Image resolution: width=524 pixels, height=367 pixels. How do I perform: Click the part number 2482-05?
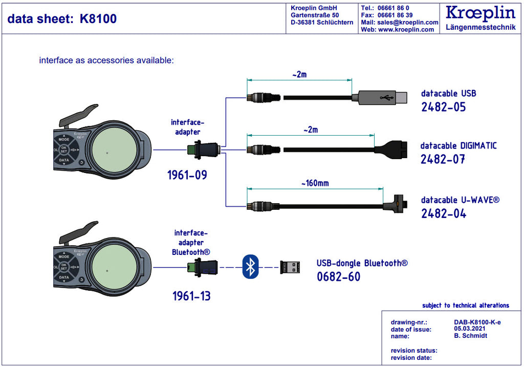pos(443,107)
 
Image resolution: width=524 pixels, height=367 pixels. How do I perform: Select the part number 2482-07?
pos(443,159)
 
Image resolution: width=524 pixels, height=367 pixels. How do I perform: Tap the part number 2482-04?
pos(444,213)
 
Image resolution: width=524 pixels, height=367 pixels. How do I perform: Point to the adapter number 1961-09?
pos(187,175)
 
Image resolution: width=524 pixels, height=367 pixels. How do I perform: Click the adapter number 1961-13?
pos(191,296)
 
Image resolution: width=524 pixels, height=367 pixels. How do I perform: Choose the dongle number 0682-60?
pos(339,277)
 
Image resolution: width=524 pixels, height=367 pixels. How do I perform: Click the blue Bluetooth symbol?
pos(250,267)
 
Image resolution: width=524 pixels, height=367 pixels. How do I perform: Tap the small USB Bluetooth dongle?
pos(290,267)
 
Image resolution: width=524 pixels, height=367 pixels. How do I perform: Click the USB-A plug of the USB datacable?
pos(383,97)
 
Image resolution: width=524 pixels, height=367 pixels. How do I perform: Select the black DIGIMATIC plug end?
pos(391,149)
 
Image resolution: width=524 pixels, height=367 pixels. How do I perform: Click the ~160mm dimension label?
pos(315,183)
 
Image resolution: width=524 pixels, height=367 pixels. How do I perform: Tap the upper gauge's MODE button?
pos(64,139)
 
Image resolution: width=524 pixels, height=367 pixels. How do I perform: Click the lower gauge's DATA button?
pos(64,277)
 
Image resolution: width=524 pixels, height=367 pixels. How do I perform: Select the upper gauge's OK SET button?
pos(64,149)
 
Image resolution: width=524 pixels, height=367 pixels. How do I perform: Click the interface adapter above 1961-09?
pos(204,149)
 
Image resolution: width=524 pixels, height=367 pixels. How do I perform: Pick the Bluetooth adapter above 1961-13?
pos(203,267)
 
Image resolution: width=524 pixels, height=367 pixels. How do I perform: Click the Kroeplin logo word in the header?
pos(480,13)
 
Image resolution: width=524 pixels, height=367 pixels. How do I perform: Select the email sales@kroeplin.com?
pos(408,23)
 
